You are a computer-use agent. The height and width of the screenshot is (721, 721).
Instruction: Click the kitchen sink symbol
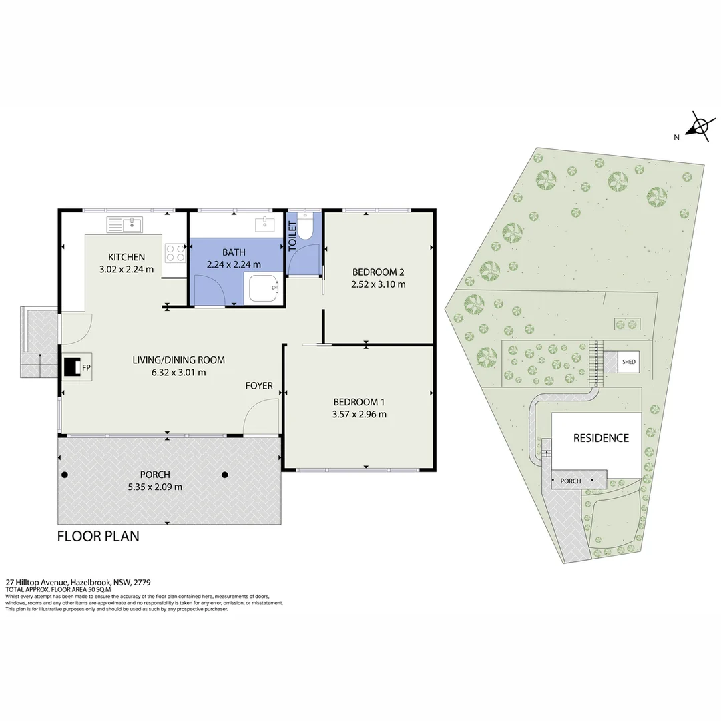click(125, 225)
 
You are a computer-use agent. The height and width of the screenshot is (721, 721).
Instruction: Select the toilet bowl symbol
click(304, 226)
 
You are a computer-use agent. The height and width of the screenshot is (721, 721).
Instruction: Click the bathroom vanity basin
click(265, 225)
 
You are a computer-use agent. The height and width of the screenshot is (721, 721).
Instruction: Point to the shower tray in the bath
click(265, 288)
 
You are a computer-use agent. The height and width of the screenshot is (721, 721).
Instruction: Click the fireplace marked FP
click(71, 367)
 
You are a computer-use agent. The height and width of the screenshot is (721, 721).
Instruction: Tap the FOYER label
click(259, 386)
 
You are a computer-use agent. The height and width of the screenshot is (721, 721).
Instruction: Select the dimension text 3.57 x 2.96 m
click(359, 415)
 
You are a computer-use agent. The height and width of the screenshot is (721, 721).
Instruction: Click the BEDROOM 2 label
click(378, 272)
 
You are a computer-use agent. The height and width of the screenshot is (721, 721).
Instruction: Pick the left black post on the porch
click(65, 475)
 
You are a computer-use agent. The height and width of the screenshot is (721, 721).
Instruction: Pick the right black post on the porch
click(225, 475)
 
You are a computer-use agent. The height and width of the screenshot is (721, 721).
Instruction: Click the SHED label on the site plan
click(629, 362)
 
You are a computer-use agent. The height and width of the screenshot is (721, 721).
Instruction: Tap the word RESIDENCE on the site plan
click(601, 438)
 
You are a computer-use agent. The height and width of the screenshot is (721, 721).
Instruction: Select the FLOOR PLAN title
click(98, 537)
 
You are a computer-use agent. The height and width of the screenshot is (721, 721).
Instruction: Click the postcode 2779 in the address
click(143, 582)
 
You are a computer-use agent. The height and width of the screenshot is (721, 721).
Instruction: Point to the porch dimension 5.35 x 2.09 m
click(155, 487)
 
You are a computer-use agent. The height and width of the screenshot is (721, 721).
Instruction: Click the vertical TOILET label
click(292, 236)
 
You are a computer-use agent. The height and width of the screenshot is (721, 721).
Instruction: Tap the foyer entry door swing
click(261, 416)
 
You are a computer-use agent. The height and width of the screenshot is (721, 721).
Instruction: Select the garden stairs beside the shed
click(596, 364)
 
